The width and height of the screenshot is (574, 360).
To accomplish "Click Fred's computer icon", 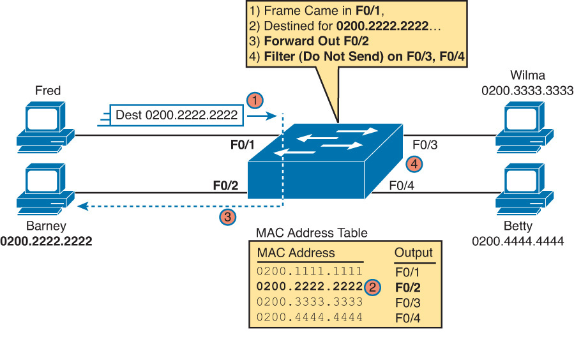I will (45, 127).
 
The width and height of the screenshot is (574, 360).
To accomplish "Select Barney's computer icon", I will (45, 190).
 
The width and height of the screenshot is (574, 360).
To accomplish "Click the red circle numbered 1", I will (255, 100).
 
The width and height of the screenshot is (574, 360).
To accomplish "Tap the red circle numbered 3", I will (227, 217).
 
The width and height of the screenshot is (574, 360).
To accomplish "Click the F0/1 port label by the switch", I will (243, 145).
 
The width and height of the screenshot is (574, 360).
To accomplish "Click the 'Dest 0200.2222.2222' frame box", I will (177, 116).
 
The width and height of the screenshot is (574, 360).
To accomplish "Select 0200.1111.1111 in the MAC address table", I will (310, 271).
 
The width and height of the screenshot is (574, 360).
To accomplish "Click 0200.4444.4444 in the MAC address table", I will (310, 317).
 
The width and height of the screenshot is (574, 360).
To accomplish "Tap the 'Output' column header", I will (413, 252).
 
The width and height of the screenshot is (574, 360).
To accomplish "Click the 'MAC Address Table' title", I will (312, 233).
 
